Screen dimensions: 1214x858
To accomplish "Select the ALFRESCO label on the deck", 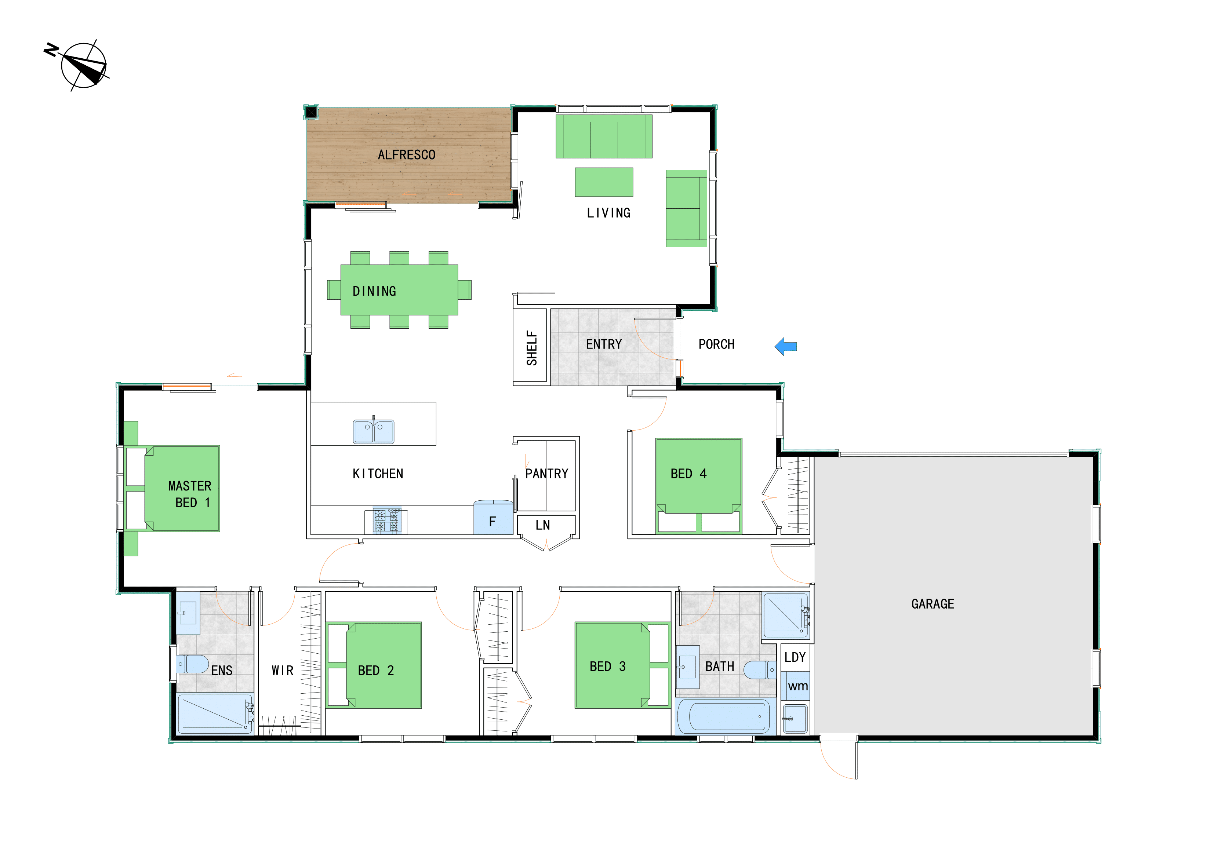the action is pos(407,155).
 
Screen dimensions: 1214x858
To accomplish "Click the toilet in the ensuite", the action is pos(192,664).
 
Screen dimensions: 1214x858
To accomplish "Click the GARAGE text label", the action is pos(933,604).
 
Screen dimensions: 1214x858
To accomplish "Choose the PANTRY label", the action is pos(547,474).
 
